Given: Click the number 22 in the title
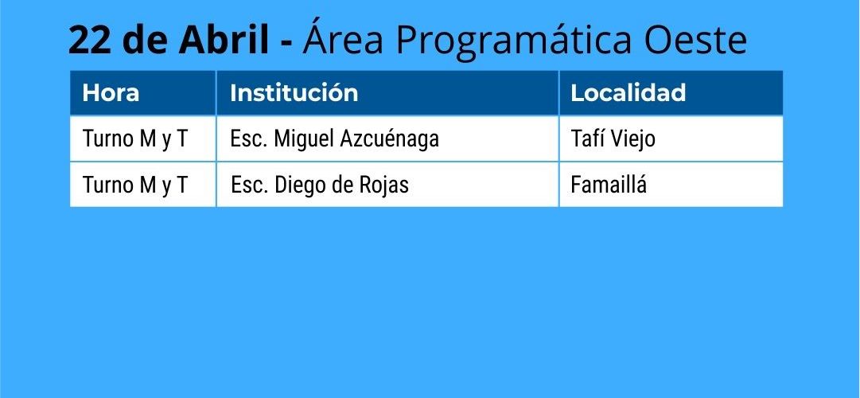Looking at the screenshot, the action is point(88,40).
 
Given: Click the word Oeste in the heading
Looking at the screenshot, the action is point(695,40).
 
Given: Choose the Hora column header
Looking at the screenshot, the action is point(111,93).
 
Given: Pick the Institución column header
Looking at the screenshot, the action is point(294,93).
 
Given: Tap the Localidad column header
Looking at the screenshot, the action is point(628,93).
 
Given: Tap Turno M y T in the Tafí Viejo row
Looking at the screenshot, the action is point(135,139).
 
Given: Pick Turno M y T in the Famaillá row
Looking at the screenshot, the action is point(135,185).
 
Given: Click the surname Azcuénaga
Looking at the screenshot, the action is point(389,139).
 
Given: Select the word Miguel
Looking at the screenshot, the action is point(304,139).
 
